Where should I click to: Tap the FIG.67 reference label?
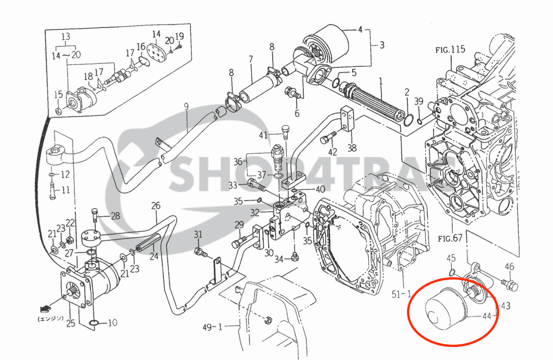coord(450,238)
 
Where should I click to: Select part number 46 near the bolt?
coord(509,267)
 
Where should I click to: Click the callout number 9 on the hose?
coord(186,107)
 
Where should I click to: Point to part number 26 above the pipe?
coord(156,206)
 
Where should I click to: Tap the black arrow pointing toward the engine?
coord(45,308)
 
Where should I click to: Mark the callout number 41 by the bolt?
coord(263,135)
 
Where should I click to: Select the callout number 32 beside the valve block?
coord(255,212)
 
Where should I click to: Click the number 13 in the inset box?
coord(66,36)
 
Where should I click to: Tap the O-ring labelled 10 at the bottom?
coord(95,323)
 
